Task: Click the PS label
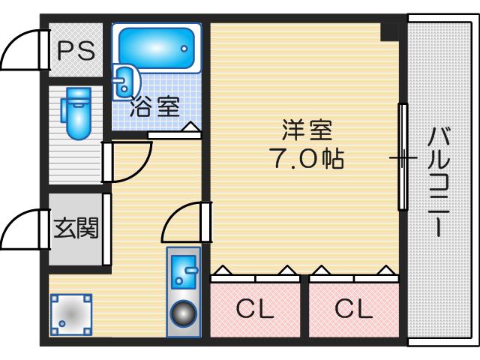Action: tap(76, 50)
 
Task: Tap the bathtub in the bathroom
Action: tap(157, 48)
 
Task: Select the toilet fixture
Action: tap(76, 113)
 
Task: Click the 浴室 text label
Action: tap(154, 106)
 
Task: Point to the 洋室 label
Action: tap(307, 130)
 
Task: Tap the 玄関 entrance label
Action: tap(76, 228)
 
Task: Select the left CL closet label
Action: tap(255, 308)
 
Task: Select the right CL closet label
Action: tap(353, 308)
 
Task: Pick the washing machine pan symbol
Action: tap(71, 314)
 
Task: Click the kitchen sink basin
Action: tap(184, 272)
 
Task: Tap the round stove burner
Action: tap(184, 313)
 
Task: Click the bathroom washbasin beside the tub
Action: tap(124, 82)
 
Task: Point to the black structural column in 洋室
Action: tap(390, 31)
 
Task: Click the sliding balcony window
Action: tap(403, 157)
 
